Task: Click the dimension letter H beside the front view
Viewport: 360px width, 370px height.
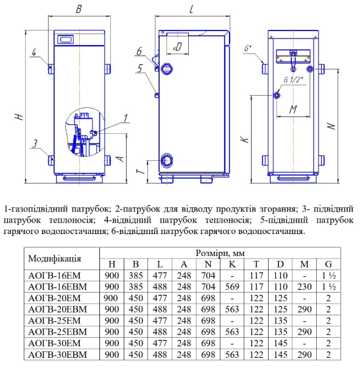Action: tap(19, 116)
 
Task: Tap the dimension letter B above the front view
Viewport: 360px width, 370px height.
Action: tap(79, 9)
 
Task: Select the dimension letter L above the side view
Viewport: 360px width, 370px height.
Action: tap(191, 9)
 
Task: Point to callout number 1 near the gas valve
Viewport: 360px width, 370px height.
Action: tap(125, 118)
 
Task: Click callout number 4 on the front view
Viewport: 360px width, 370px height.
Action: tap(34, 52)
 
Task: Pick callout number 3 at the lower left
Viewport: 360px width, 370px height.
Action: tap(35, 143)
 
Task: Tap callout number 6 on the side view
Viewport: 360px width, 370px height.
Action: tap(139, 51)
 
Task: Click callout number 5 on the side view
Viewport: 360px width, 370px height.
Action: tap(140, 68)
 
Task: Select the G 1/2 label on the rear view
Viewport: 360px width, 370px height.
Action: tap(293, 80)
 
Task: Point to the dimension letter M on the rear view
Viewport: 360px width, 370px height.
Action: tap(293, 109)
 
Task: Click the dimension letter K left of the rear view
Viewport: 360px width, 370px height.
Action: tap(245, 139)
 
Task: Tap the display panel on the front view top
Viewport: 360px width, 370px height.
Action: tap(66, 39)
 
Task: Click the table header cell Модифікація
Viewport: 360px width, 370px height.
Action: tap(54, 258)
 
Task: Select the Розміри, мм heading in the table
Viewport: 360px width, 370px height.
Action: tap(220, 253)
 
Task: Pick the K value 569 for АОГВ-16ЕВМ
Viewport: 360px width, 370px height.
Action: tap(232, 286)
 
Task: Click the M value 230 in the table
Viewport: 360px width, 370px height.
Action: tap(305, 286)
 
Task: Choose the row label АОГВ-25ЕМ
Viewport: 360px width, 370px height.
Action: tap(54, 321)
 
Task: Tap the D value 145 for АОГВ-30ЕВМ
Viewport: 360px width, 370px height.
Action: tap(281, 355)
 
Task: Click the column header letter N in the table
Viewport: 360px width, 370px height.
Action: tap(208, 265)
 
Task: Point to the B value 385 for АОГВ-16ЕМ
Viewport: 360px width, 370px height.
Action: tap(136, 276)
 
